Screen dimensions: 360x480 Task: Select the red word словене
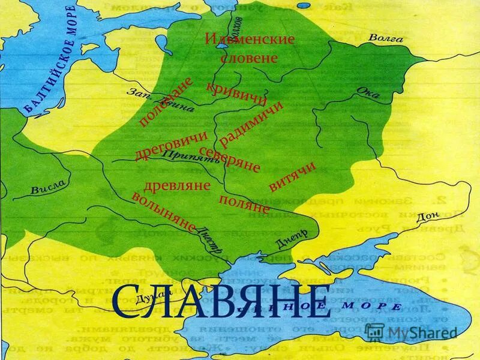pyautogui.click(x=249, y=59)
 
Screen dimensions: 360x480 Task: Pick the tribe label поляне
pyautogui.click(x=244, y=204)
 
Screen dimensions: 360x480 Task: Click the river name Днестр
pyautogui.click(x=214, y=239)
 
